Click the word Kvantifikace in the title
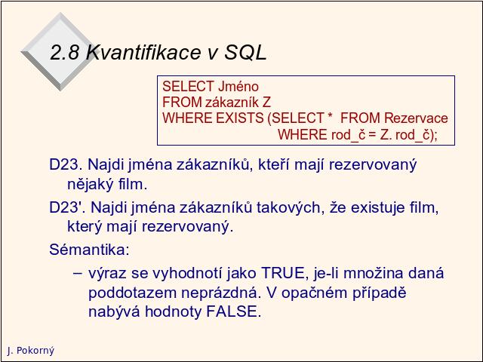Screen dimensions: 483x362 coord(144,52)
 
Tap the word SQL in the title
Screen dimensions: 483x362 coord(245,52)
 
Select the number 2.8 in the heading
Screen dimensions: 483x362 coord(64,52)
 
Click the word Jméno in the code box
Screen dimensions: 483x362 coord(238,87)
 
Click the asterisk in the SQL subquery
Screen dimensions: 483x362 coord(331,116)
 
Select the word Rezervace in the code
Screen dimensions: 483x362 coord(416,118)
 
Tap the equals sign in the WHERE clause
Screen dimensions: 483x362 coord(373,135)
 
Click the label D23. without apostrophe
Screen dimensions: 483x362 coord(66,164)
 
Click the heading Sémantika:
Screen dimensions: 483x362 coord(89,250)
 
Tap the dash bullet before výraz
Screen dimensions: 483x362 coord(78,274)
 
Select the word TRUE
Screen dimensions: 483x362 coord(283,273)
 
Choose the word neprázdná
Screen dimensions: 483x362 coord(220,293)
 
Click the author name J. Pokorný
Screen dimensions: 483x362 coord(30,351)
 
